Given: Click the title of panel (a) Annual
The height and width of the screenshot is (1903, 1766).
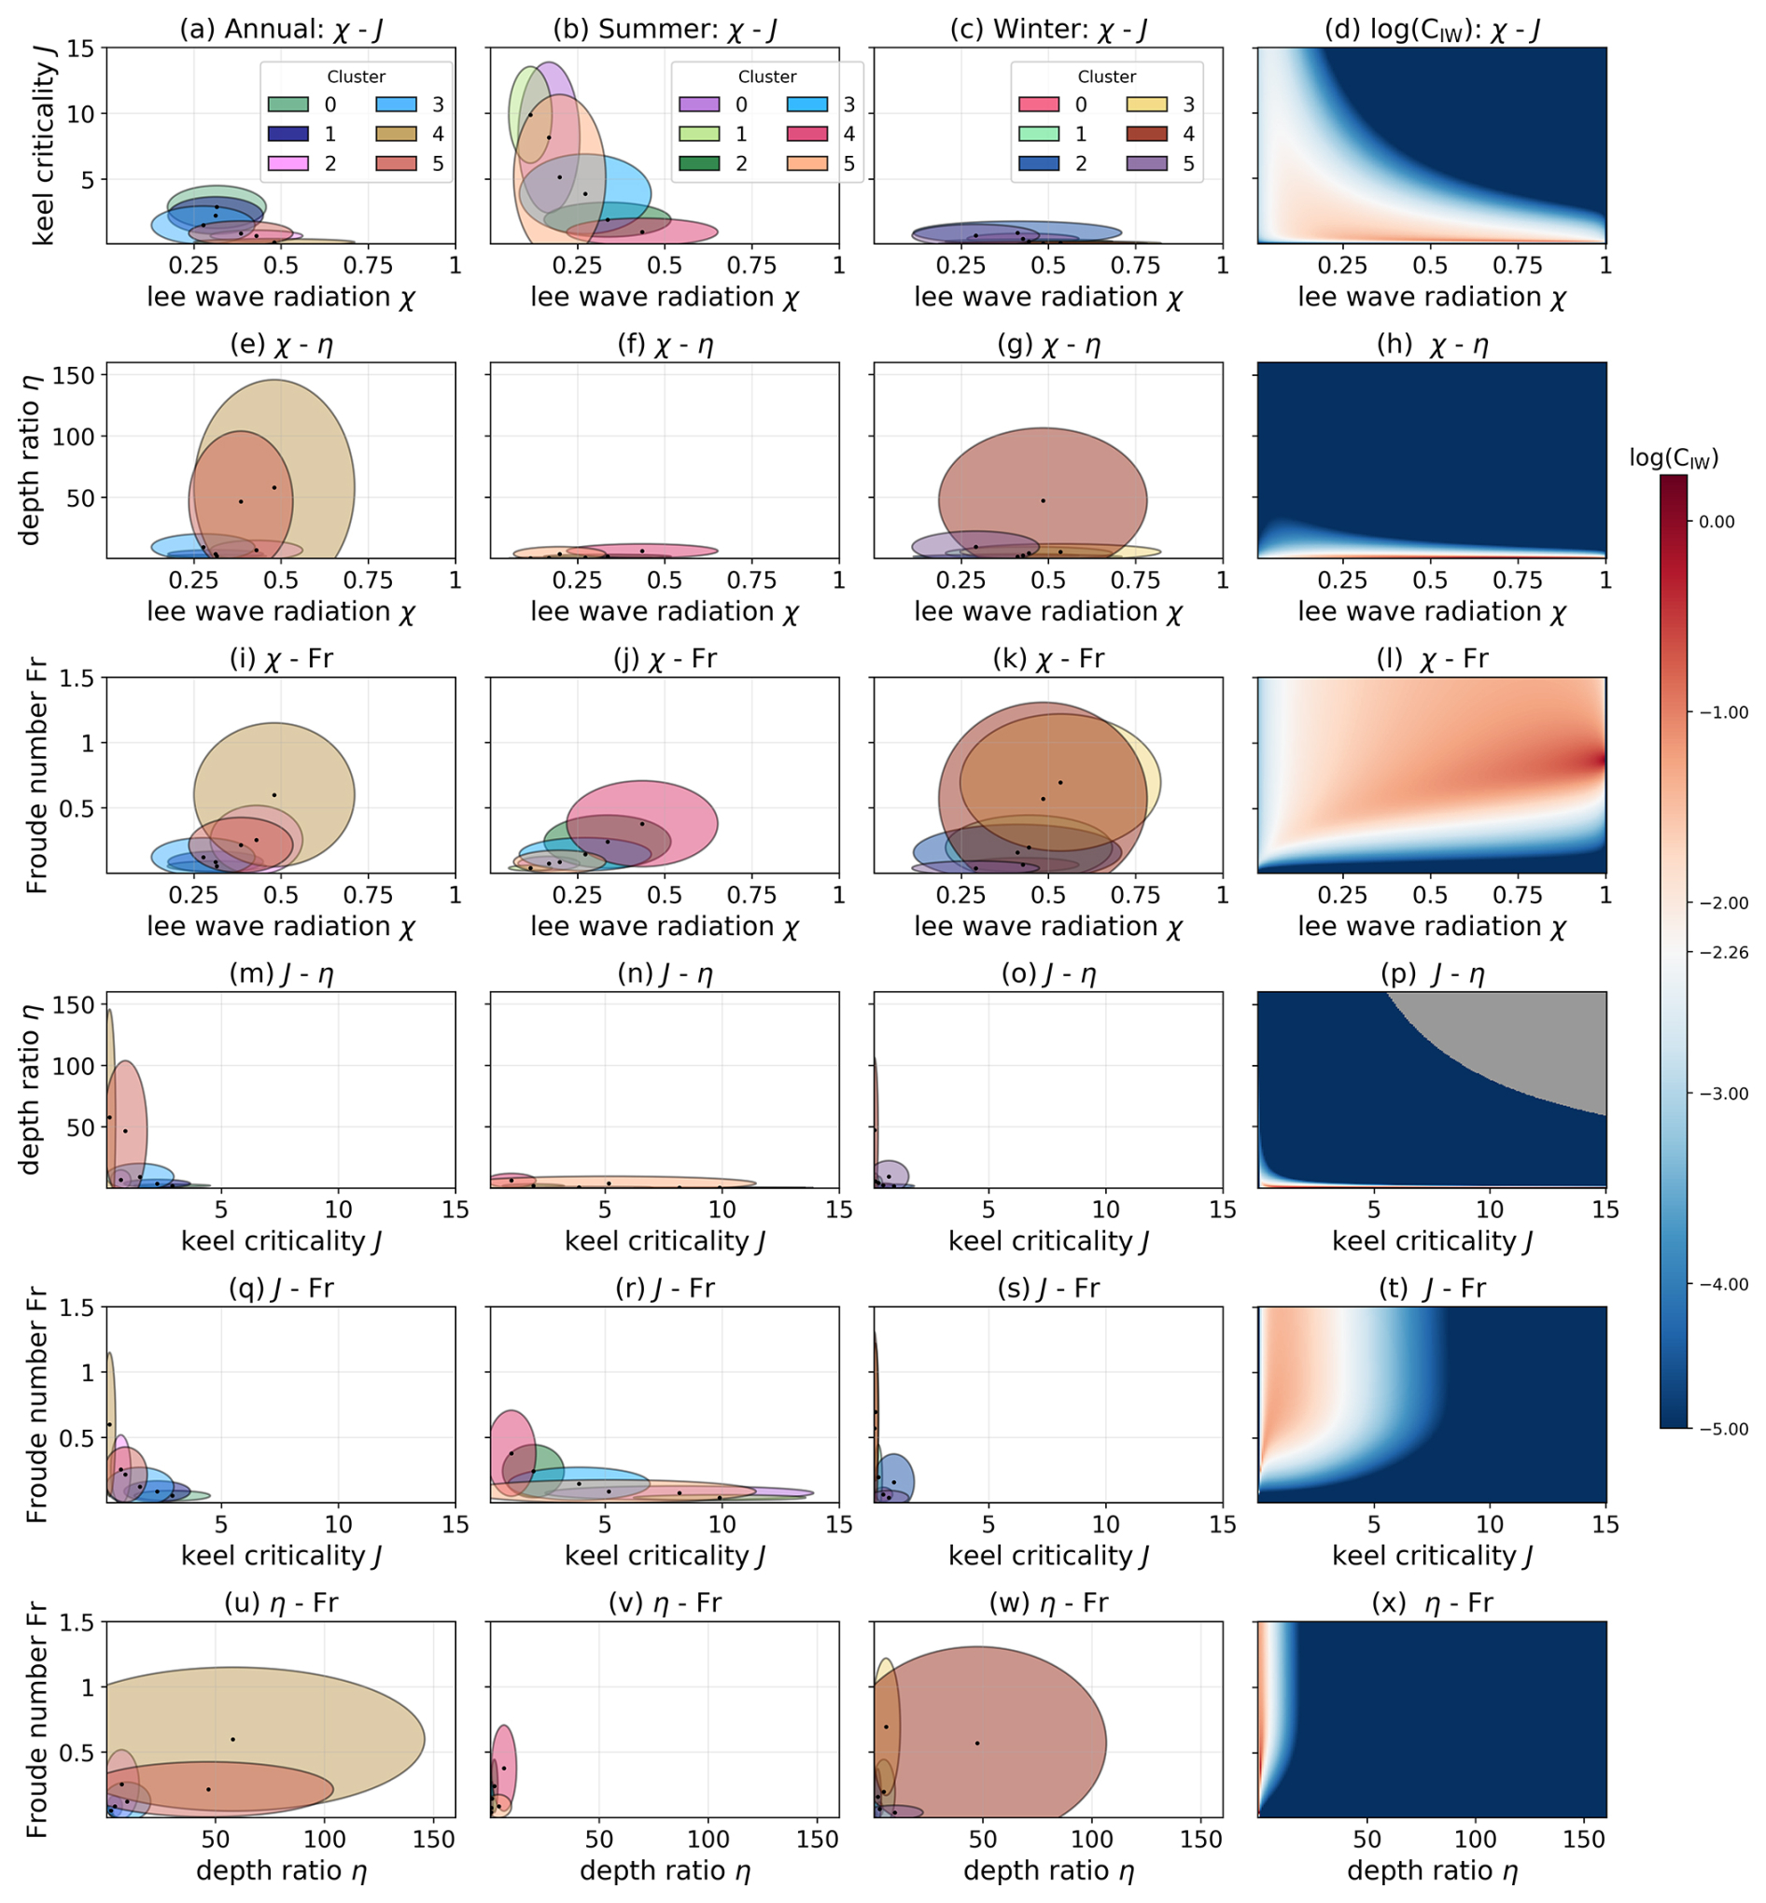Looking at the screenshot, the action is click(x=281, y=30).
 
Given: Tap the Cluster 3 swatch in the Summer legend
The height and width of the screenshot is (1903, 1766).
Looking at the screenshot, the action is click(x=806, y=105).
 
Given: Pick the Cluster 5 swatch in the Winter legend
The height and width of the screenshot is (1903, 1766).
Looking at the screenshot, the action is click(x=1147, y=163).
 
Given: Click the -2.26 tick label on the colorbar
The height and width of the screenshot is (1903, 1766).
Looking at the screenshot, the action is click(x=1725, y=953).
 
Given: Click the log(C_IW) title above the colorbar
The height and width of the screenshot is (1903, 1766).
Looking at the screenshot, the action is click(x=1674, y=458).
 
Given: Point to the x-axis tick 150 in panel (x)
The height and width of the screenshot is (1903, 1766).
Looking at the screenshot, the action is click(x=1583, y=1838).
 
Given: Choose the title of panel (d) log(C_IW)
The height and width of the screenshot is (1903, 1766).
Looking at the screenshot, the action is click(x=1432, y=30).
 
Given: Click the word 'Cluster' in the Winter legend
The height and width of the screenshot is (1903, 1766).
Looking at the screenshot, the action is click(x=1107, y=77).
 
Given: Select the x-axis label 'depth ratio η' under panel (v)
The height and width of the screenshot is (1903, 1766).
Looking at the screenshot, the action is click(x=666, y=1870).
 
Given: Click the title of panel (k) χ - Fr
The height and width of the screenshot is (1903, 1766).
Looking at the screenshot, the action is click(x=1048, y=659).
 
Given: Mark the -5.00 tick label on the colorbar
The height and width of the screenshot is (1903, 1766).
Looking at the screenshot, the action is click(x=1725, y=1429).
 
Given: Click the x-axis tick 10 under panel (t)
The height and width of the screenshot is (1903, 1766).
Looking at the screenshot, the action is click(x=1490, y=1524).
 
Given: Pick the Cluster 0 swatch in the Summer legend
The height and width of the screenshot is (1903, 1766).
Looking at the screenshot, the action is click(x=698, y=105).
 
